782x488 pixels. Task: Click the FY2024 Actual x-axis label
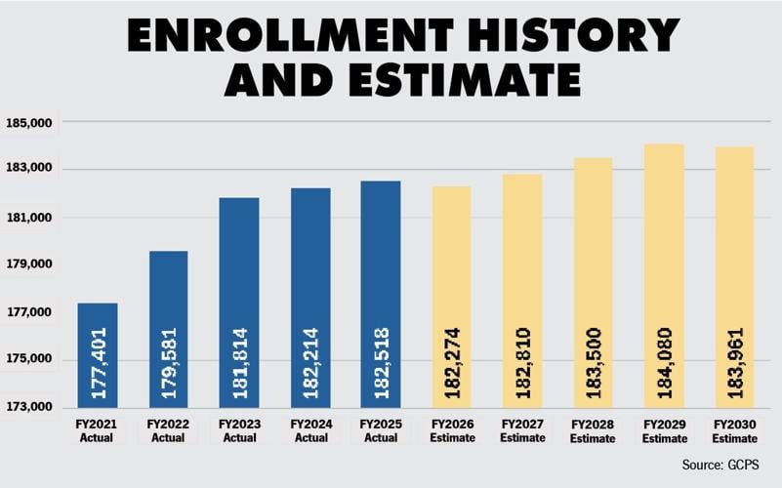[310, 431]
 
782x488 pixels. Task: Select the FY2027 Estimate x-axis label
[522, 431]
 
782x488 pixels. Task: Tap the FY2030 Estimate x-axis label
[735, 431]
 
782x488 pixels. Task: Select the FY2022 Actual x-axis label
[169, 431]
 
